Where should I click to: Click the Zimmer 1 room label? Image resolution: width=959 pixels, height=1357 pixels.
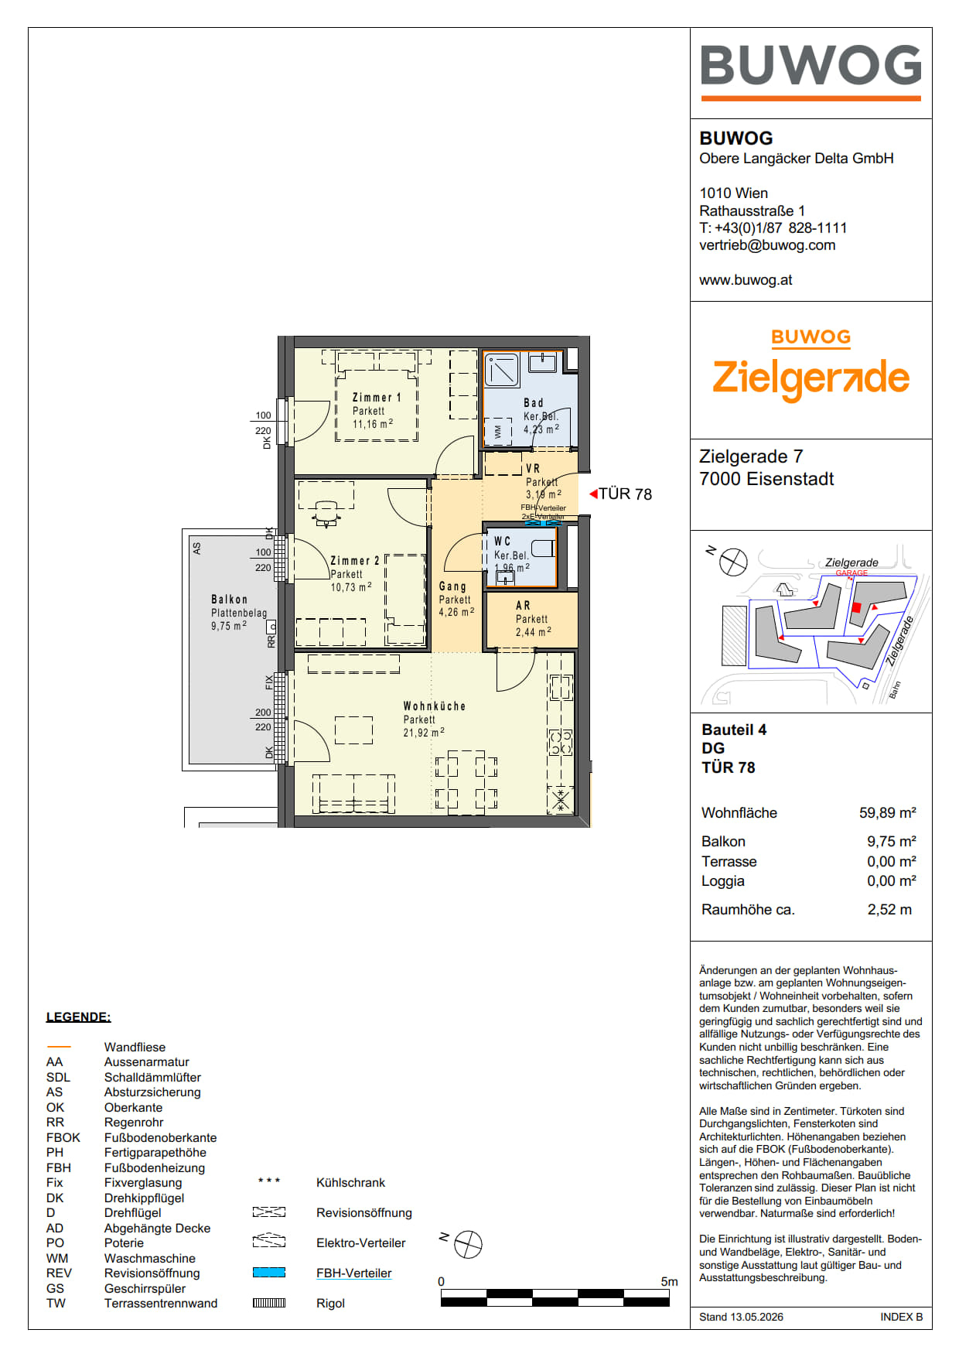[377, 398]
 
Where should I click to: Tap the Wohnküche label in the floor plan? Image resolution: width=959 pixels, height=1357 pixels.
[435, 706]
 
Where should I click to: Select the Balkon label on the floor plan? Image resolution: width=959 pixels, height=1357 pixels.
[230, 600]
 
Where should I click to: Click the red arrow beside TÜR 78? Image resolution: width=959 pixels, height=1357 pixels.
[593, 494]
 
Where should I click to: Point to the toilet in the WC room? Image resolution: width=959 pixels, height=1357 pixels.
[543, 548]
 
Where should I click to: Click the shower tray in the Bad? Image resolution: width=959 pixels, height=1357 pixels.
[502, 370]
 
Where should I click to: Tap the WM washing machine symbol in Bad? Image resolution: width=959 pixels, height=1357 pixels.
[497, 431]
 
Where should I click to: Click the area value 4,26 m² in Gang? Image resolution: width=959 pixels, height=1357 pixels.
[456, 612]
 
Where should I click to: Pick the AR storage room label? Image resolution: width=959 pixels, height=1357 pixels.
[523, 606]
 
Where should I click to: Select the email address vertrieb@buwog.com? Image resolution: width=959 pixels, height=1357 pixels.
[767, 245]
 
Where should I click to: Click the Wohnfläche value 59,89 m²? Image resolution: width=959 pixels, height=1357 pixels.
[887, 812]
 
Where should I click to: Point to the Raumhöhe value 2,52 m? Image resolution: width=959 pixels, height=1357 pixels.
[889, 910]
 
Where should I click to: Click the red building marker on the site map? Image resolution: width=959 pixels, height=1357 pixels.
[856, 608]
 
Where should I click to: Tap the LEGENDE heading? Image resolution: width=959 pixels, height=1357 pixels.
[78, 1017]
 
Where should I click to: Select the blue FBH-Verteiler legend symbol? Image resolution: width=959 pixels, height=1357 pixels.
[269, 1273]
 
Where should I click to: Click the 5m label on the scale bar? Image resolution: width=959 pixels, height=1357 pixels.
[669, 1281]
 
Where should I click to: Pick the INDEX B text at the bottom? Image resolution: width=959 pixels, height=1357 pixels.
[901, 1317]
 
